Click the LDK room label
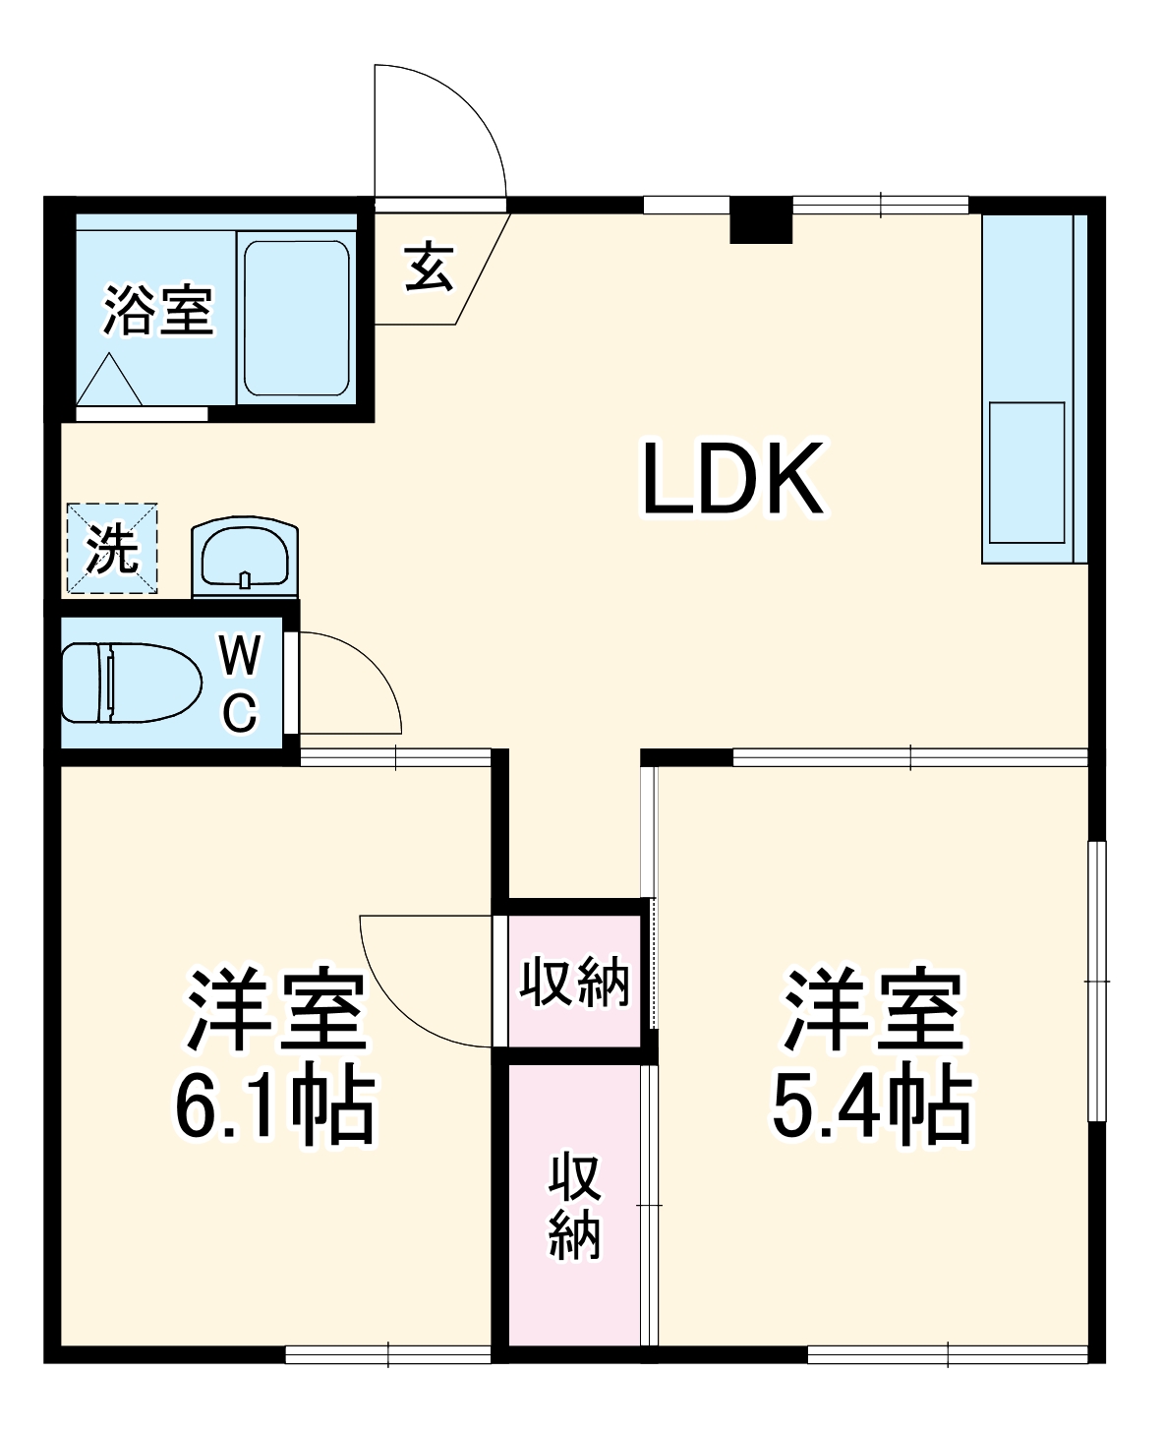(x=732, y=480)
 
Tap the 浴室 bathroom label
(x=158, y=311)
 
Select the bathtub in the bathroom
(x=296, y=318)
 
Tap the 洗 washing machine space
(x=112, y=549)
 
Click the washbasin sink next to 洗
(x=245, y=558)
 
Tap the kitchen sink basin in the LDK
(x=1026, y=471)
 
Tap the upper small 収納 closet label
(x=575, y=981)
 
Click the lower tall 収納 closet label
(x=575, y=1206)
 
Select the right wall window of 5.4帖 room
(x=1097, y=981)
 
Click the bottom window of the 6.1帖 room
(x=388, y=1354)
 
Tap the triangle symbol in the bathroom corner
(x=110, y=379)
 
